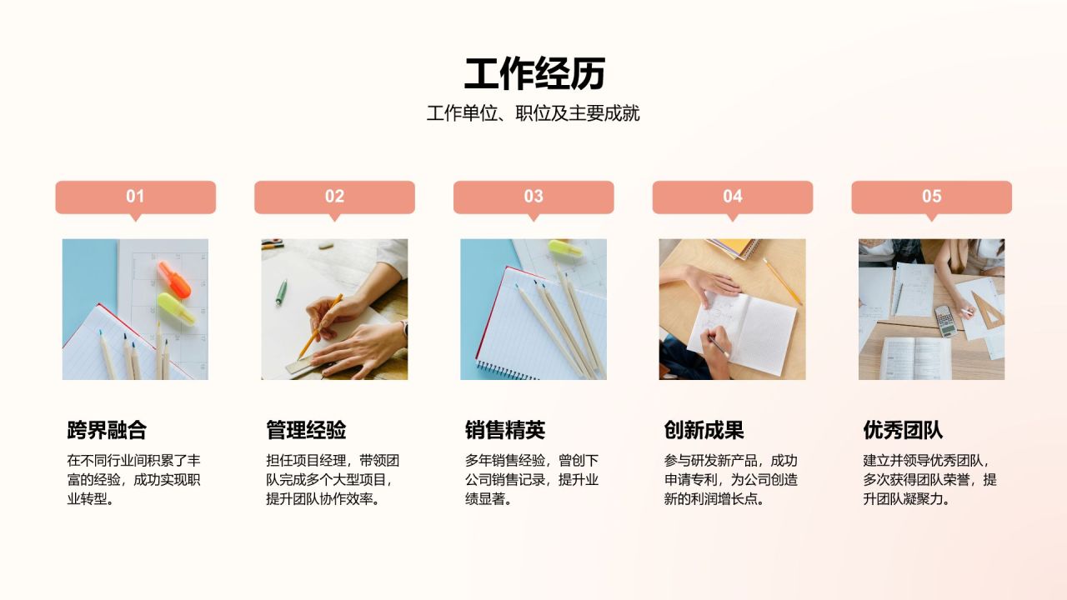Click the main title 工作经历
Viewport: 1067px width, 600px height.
(533, 74)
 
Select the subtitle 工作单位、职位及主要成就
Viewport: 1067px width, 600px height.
(533, 113)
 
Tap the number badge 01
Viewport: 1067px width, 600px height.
(135, 197)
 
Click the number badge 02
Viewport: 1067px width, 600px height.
(334, 197)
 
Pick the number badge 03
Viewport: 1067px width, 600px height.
(533, 197)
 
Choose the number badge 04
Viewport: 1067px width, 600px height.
(732, 197)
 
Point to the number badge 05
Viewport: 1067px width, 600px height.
(931, 197)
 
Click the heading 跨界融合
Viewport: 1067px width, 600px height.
(107, 430)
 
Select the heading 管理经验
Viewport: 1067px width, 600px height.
(306, 430)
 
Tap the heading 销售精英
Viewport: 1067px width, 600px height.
(505, 430)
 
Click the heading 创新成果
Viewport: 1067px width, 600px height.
(704, 430)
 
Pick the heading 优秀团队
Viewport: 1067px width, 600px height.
(903, 430)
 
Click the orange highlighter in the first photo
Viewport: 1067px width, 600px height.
(174, 278)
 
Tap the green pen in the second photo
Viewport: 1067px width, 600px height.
(282, 292)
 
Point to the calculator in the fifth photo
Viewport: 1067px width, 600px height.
(945, 320)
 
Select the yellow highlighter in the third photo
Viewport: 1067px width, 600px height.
(565, 247)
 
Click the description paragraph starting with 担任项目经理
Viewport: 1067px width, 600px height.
(333, 480)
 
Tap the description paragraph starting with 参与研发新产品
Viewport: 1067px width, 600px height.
(730, 480)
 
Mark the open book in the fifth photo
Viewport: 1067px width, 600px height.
(915, 357)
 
